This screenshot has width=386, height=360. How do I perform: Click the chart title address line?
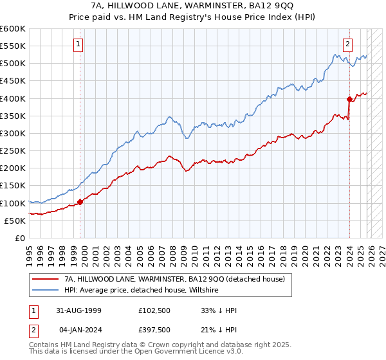[192, 6]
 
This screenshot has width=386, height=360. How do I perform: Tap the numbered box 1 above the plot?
[78, 44]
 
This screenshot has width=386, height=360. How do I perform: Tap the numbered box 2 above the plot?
[347, 44]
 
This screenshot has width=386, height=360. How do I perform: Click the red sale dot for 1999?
[80, 202]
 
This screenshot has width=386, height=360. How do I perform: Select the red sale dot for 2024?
[349, 99]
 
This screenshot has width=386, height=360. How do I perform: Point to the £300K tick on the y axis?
[13, 133]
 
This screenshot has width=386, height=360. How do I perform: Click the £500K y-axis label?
[13, 64]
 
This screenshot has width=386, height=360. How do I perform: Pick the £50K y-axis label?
[15, 221]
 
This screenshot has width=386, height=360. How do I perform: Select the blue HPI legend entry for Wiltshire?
[142, 291]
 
